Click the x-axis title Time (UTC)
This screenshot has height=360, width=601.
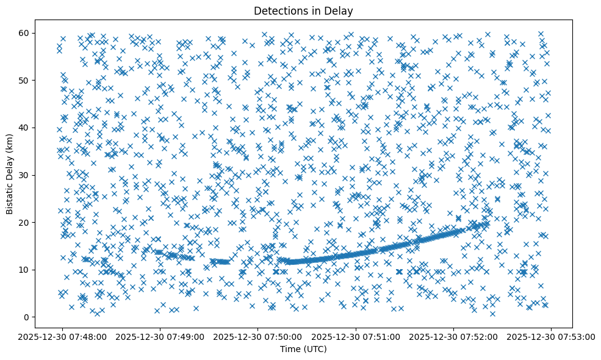303,350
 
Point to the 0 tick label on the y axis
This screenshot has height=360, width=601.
26,317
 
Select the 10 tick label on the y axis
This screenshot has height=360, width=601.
24,270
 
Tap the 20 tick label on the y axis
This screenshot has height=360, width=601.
24,223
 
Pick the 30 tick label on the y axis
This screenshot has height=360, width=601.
24,175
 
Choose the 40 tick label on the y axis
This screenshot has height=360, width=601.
24,128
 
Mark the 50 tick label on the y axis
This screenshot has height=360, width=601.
24,81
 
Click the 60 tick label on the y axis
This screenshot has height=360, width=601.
24,33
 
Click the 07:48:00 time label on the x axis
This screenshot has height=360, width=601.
62,336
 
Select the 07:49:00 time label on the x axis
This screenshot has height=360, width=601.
160,336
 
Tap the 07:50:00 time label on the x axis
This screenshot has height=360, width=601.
257,336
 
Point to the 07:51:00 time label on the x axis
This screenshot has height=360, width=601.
356,336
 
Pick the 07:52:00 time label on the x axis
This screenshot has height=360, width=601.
453,336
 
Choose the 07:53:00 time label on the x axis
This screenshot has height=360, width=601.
552,336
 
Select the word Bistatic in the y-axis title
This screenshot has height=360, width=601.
10,198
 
